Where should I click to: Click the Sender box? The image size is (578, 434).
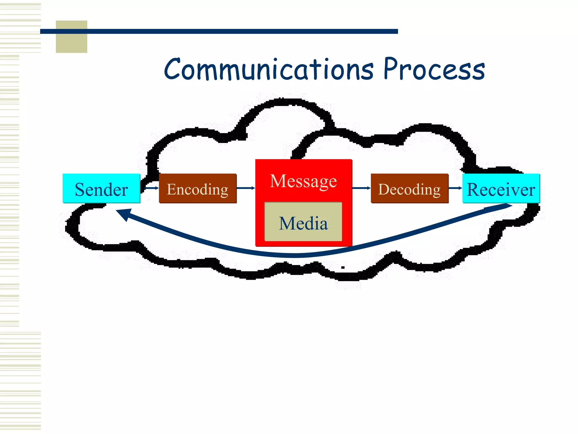pos(101,188)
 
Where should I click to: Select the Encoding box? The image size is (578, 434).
pos(198,188)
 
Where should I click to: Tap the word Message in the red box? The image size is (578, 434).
pos(303,181)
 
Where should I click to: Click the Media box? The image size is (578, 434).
pos(303,222)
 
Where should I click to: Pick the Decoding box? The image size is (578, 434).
pos(410,188)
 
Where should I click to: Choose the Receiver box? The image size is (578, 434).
pos(501,188)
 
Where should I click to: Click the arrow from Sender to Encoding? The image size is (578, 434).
pos(151,188)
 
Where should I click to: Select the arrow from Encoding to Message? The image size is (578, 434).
pos(246,188)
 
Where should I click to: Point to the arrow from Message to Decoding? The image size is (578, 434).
pos(361,188)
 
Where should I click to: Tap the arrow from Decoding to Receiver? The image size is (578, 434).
pos(455,188)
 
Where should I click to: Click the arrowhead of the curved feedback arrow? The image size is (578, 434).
pos(124,214)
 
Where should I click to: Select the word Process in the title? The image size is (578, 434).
pos(434,69)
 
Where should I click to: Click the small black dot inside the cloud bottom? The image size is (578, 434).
pos(343,267)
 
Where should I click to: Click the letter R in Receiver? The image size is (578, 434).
pos(474,189)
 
